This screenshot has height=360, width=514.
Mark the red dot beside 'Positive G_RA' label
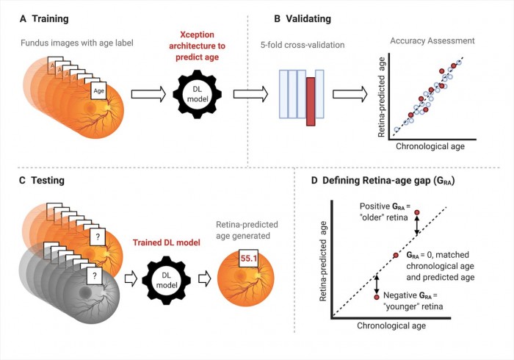(x=416, y=213)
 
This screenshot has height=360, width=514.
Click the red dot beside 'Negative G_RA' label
(x=376, y=298)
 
